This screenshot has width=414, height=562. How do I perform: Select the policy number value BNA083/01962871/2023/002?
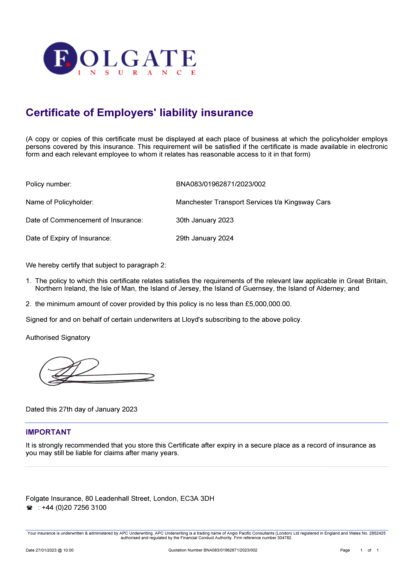point(221,184)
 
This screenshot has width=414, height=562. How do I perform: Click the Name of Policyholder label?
point(60,202)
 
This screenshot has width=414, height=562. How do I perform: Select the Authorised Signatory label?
point(58,338)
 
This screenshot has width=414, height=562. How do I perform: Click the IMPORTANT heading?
point(48,432)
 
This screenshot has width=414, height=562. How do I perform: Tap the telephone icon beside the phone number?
point(30,508)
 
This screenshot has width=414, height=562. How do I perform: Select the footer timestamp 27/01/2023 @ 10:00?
point(55,550)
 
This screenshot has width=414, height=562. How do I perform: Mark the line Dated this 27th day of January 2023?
point(81,409)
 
